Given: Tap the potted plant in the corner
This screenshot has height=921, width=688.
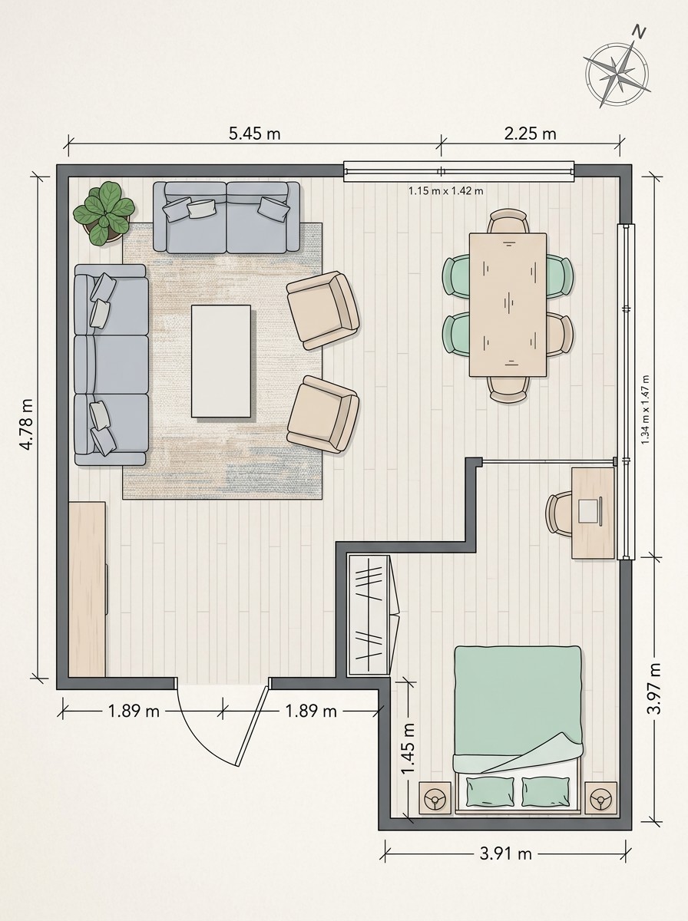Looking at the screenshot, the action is coord(104,213).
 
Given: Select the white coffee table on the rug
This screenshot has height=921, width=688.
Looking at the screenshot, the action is coord(221,361).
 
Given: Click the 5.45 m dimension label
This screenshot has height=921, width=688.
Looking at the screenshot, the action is coord(254,134).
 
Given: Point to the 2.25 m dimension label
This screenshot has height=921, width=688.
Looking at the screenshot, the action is coord(530,134).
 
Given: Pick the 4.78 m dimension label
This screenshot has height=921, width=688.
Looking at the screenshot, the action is coord(26,424).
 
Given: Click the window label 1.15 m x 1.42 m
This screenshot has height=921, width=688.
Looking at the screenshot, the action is coord(446,191).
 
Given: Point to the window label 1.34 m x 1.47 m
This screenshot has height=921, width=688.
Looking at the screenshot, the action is coord(645,409).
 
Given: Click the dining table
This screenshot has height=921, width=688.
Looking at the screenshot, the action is coord(508,305).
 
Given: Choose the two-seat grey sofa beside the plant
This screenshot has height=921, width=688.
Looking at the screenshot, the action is coord(227,217).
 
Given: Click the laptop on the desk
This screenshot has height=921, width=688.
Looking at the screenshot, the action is coord(590,510).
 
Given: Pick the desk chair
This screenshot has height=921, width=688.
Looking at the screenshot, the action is coord(559,514).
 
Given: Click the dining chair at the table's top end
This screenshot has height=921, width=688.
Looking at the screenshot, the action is coord(508,222).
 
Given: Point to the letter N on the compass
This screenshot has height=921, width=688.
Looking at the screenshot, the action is coord(639,32).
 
